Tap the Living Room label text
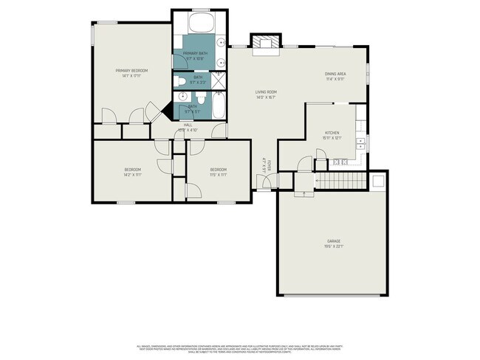coord(265,91)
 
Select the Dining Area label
coord(335,74)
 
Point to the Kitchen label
coord(331,133)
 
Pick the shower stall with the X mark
coord(220,80)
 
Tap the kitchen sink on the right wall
coord(361,142)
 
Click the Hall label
coord(188,126)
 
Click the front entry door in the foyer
coord(264,186)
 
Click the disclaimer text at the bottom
coord(239,349)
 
